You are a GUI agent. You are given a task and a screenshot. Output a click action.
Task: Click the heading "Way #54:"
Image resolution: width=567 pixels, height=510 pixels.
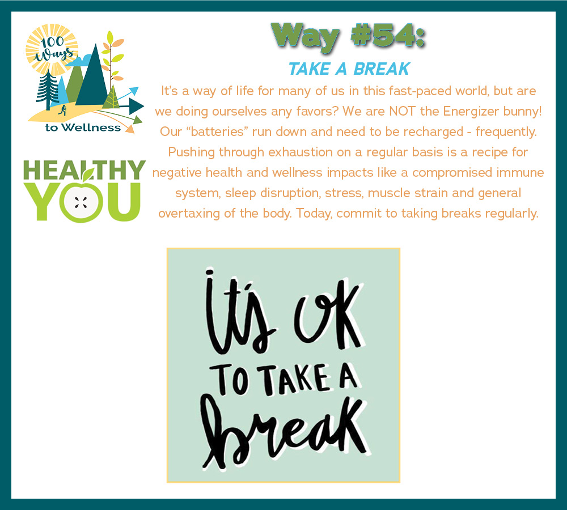pos(348,36)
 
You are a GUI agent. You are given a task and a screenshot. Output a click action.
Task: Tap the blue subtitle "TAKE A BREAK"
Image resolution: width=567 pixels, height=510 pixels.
pos(349,69)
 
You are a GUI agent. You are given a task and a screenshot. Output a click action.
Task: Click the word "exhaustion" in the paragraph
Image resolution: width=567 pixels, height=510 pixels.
pos(301,152)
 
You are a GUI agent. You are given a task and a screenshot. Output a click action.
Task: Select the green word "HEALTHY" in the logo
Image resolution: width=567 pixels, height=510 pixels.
pos(84,170)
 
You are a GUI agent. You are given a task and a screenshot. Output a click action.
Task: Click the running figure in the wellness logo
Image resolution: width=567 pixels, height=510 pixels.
pos(63,110)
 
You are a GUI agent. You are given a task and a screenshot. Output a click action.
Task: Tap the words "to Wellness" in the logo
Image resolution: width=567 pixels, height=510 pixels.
pos(83,127)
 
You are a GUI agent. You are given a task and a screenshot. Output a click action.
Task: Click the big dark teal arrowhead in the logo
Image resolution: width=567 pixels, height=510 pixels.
pos(136,107)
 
